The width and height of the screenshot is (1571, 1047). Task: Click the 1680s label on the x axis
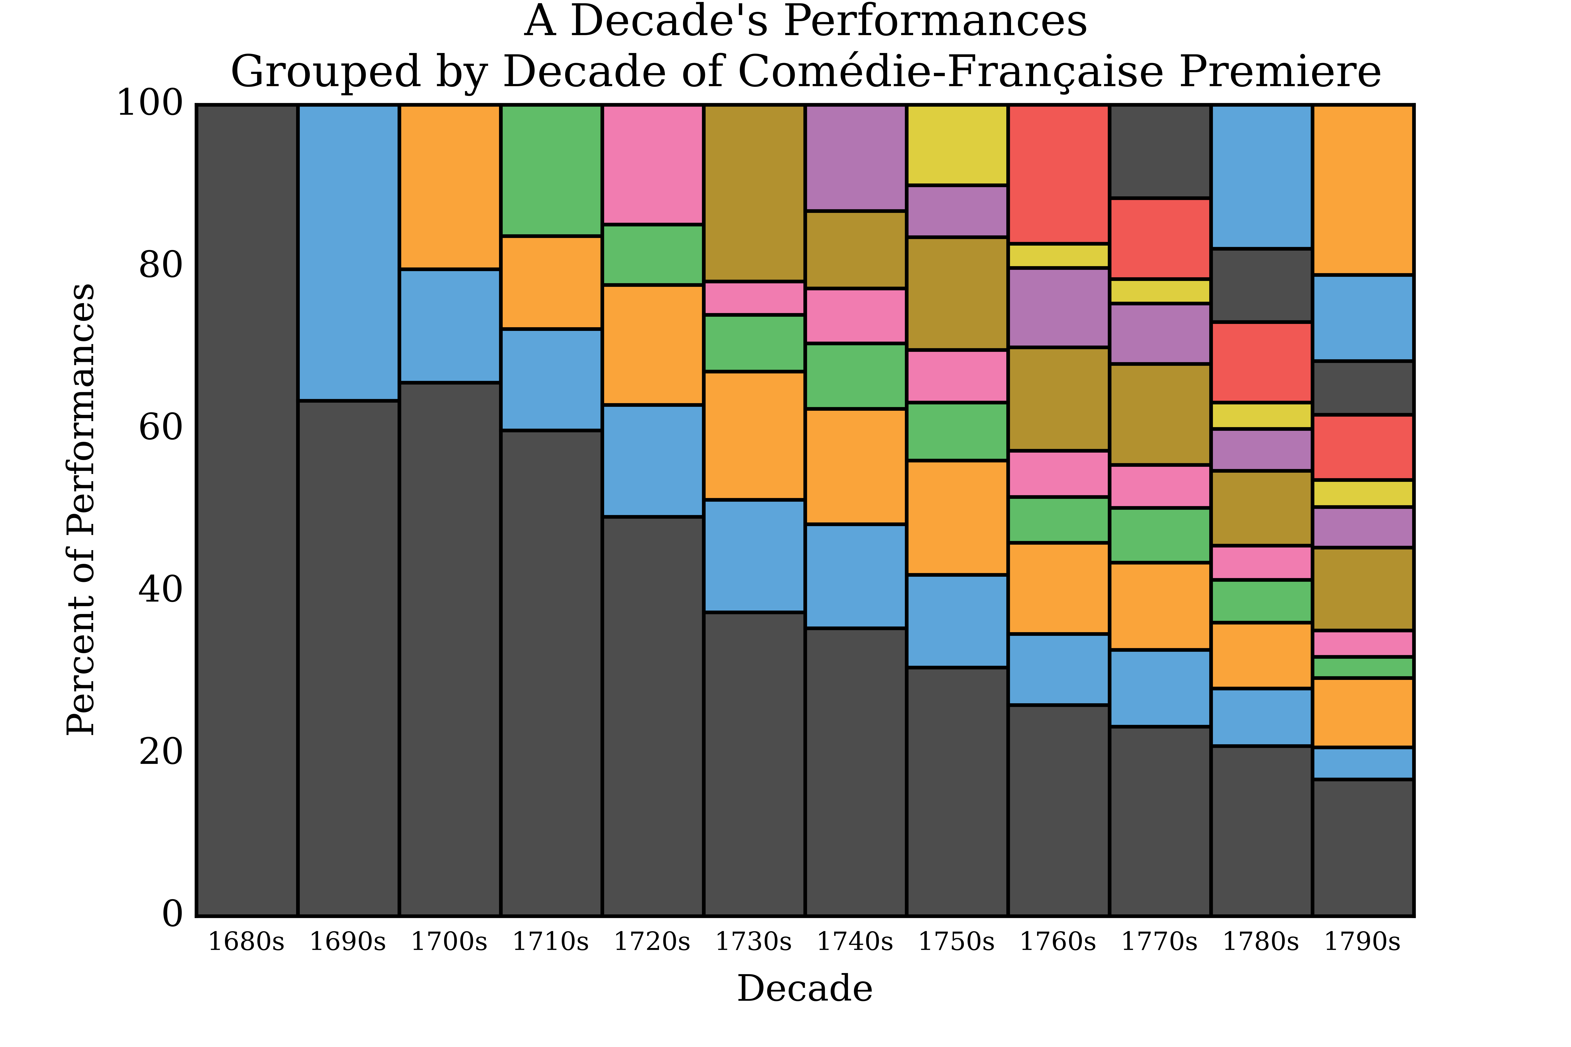[x=247, y=942]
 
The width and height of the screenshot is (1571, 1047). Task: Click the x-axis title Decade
[x=805, y=989]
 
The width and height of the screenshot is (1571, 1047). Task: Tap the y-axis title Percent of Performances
[x=81, y=510]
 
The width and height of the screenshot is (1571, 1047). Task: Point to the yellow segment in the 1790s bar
[x=1363, y=493]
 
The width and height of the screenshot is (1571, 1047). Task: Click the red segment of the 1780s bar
[x=1262, y=363]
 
